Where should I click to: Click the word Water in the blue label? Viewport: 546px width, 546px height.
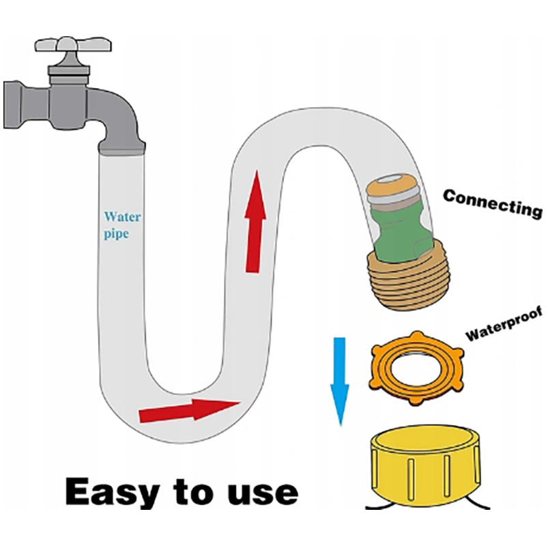coord(122,217)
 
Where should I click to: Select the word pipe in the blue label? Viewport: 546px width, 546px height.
coord(115,233)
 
